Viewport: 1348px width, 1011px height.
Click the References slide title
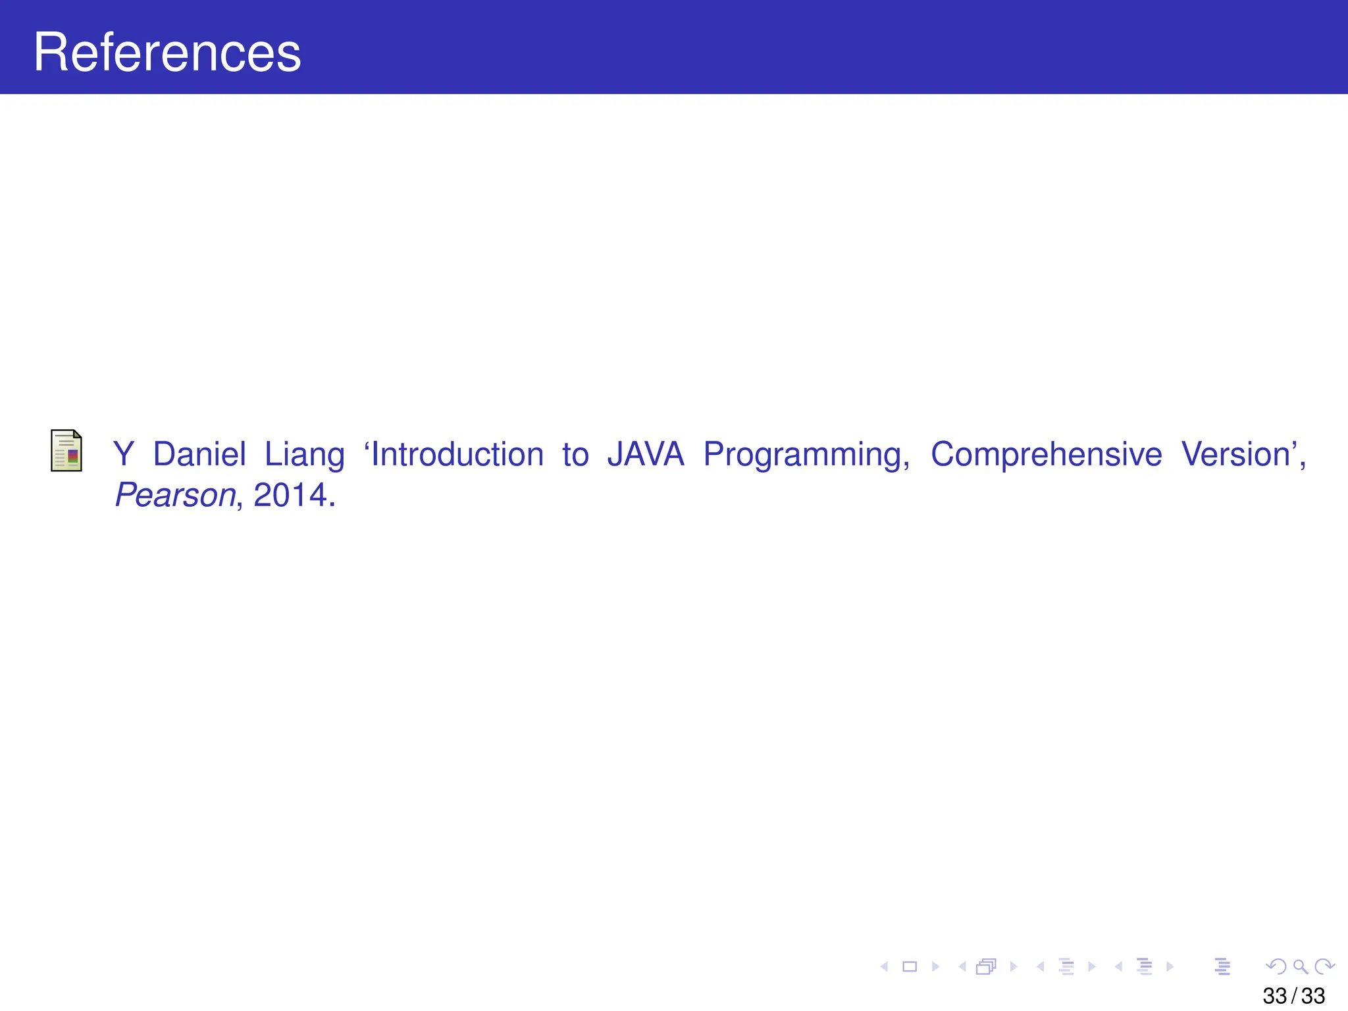point(167,53)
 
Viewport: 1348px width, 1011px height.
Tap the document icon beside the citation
point(66,451)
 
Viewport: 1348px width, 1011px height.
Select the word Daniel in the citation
point(199,455)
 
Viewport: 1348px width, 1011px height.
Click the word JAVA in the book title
point(646,455)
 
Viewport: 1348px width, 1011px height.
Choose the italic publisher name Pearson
point(175,496)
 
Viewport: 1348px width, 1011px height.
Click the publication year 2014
point(290,496)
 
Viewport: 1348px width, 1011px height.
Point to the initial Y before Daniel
point(123,455)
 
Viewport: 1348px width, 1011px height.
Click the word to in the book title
point(575,455)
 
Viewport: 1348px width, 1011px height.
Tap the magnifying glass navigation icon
point(1300,966)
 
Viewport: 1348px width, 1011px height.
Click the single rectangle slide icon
point(910,966)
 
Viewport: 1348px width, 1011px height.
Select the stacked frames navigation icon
point(986,966)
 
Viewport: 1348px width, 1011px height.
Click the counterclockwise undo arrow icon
point(1276,966)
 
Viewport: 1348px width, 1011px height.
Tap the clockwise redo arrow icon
point(1324,966)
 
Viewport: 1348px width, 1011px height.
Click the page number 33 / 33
point(1293,996)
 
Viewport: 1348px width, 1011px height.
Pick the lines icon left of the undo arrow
point(1222,966)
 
